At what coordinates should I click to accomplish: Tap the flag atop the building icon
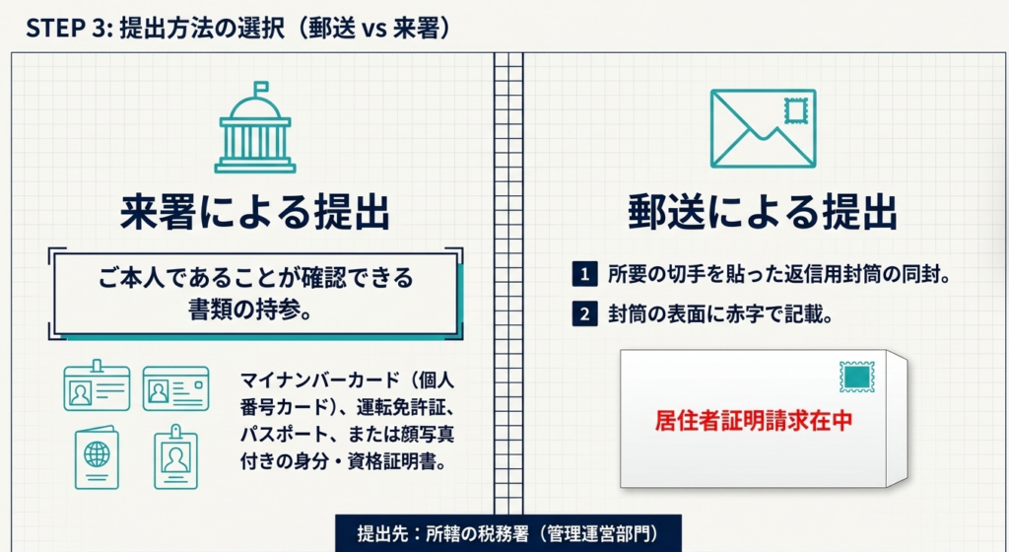click(x=261, y=87)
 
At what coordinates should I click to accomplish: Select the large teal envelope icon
click(x=764, y=129)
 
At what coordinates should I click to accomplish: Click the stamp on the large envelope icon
click(x=796, y=111)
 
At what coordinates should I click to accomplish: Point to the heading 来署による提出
click(x=255, y=212)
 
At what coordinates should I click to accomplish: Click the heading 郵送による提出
click(x=763, y=212)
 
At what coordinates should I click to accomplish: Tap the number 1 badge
click(x=584, y=275)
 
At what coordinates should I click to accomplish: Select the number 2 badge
click(x=584, y=315)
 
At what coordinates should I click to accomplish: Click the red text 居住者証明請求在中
click(x=754, y=420)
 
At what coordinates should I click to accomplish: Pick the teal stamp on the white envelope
click(x=857, y=377)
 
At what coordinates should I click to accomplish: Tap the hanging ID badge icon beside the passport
click(x=175, y=456)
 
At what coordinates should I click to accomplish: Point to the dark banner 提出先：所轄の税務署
click(x=507, y=534)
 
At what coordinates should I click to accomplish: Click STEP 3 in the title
click(x=65, y=29)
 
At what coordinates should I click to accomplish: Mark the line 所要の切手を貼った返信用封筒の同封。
click(x=779, y=275)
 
